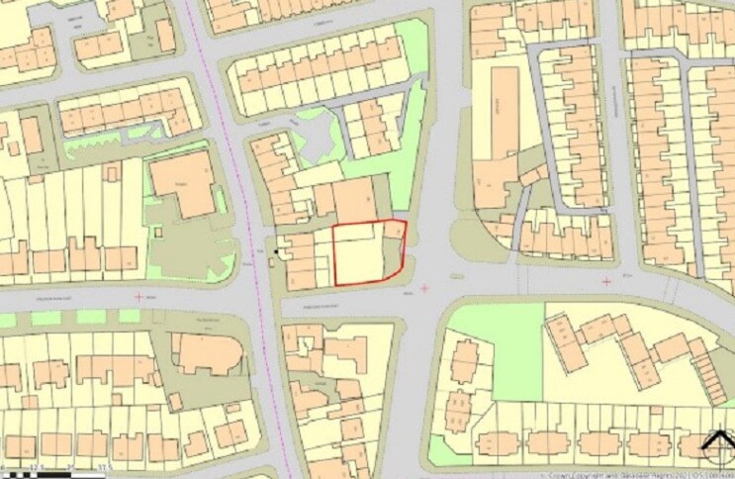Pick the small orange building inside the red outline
click(x=394, y=231)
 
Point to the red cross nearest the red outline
click(x=425, y=288)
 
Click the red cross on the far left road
click(x=138, y=295)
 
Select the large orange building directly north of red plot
click(x=353, y=201)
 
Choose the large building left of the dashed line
click(x=183, y=184)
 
